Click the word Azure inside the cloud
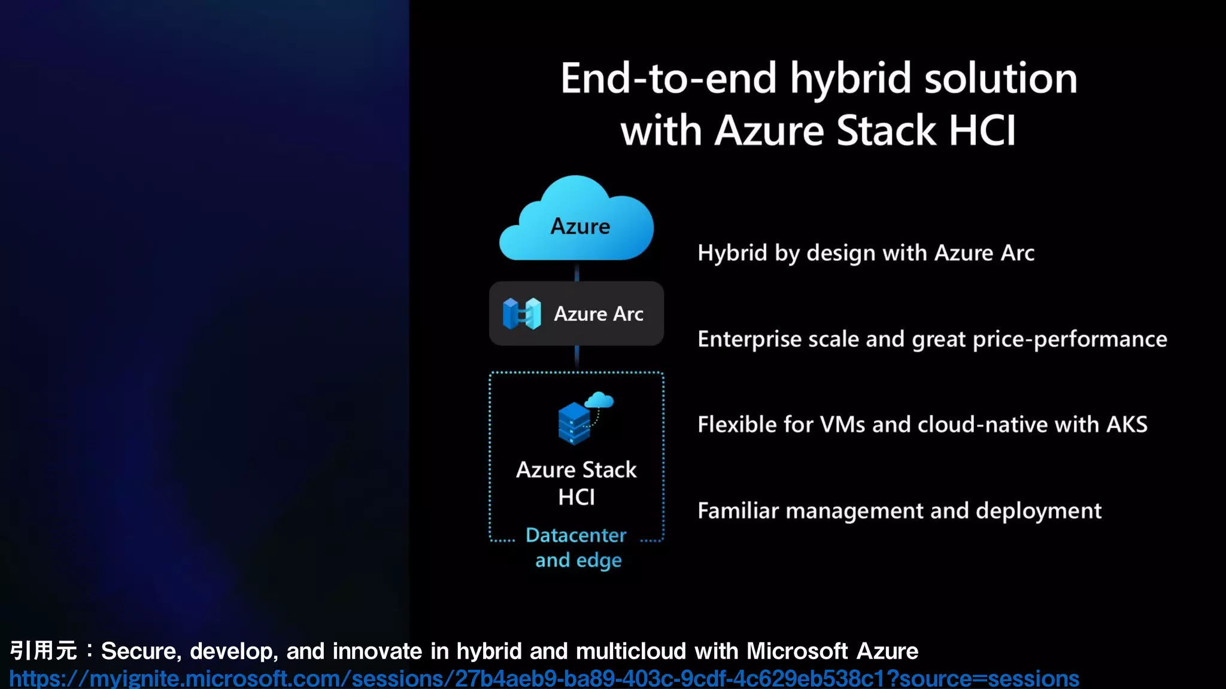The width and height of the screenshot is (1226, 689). click(580, 227)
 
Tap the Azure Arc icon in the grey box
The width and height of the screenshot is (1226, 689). click(522, 313)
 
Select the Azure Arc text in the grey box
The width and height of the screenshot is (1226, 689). click(599, 314)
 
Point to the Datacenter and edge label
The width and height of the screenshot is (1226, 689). click(576, 547)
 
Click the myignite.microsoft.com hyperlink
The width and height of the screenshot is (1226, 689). click(544, 679)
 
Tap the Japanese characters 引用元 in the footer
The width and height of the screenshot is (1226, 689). click(44, 651)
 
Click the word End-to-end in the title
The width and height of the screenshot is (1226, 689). click(669, 79)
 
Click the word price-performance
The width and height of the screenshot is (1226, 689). click(1070, 339)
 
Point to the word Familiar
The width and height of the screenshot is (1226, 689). click(737, 511)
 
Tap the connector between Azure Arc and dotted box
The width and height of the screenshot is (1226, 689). click(576, 358)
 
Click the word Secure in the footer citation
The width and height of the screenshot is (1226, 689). click(139, 651)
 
